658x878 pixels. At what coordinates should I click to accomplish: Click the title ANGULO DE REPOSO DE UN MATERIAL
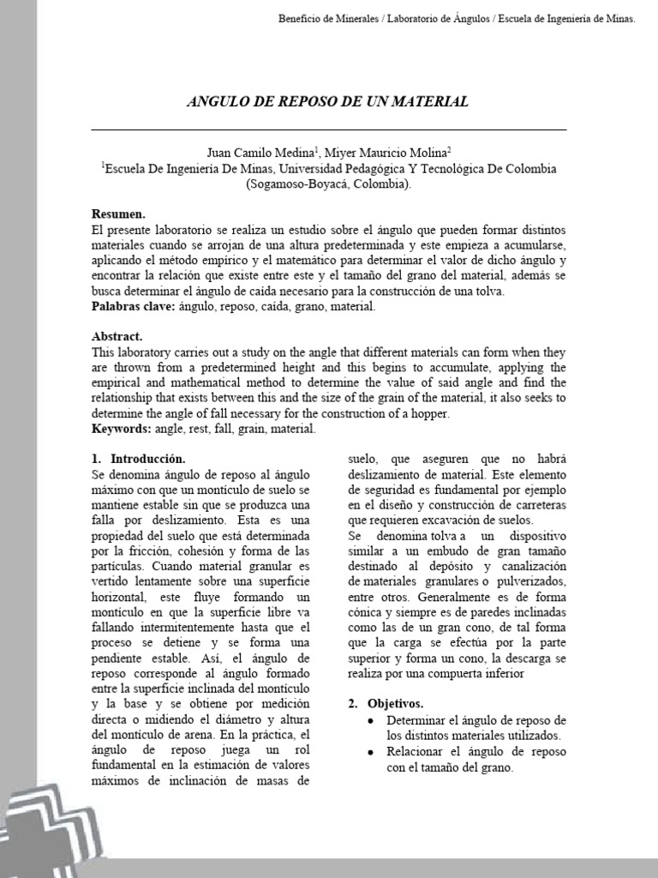(328, 101)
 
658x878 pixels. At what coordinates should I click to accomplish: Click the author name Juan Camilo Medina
(252, 152)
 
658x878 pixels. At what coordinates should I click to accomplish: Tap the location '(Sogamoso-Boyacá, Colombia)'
(328, 184)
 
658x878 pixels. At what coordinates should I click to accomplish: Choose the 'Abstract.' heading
(117, 337)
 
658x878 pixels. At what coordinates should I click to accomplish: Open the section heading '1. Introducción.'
(137, 460)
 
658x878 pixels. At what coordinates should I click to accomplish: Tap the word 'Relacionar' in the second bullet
(415, 752)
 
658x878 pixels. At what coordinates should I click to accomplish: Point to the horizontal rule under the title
(328, 129)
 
